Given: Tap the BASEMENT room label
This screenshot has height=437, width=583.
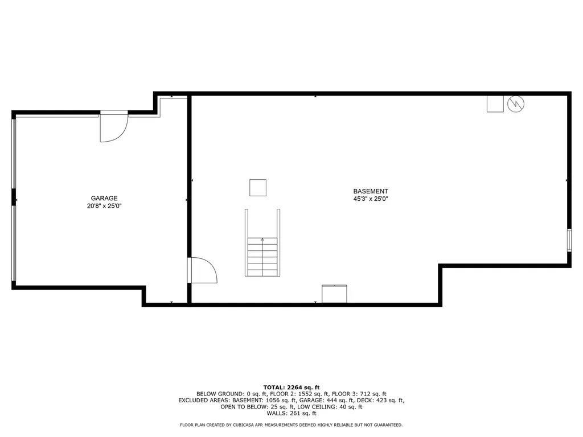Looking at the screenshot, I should pos(371,191).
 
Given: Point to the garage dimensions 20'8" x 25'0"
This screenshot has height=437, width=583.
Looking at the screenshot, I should pos(104,206).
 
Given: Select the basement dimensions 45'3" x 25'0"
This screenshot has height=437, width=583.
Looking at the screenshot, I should pos(371,199).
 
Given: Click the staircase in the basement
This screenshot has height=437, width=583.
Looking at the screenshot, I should pos(262,256).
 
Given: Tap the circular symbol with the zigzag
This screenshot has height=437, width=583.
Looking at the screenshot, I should pos(516,104).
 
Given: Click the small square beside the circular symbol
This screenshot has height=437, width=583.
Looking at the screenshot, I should pos(495,104).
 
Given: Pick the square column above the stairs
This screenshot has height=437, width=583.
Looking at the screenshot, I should pos(258,187).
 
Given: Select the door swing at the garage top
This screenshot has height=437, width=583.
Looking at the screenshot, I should pos(113,127).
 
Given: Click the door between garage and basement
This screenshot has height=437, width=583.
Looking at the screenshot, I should pos(202,270).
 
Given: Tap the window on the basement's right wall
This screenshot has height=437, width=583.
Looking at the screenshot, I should pos(569,240).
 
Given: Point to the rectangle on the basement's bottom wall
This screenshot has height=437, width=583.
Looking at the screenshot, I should pos(334,294).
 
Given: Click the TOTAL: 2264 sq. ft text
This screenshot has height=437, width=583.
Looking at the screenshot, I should pos(291,387).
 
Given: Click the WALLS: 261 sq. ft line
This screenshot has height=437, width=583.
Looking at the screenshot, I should pos(291,414).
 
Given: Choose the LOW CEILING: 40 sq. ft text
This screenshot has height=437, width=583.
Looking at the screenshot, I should pos(329,407).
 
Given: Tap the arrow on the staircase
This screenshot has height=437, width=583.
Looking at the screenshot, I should pos(262,241).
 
